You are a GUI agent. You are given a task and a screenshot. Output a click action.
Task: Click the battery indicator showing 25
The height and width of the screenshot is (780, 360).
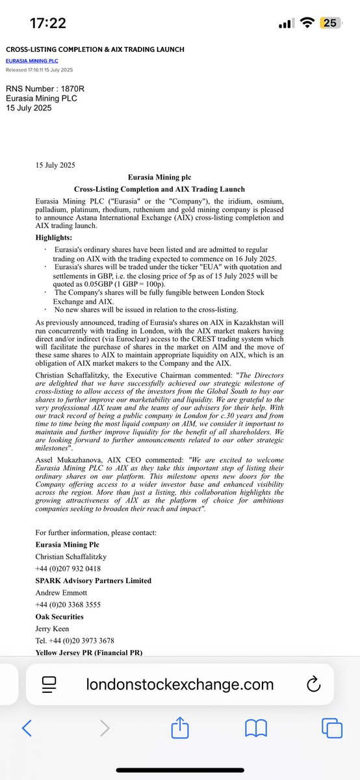coord(329,23)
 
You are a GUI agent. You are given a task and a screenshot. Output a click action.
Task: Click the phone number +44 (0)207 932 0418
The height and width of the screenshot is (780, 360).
coord(68,567)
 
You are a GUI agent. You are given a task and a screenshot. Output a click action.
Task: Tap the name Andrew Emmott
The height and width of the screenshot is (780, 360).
coord(64,593)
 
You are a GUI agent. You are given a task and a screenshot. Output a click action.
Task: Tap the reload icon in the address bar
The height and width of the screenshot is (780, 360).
coord(313,684)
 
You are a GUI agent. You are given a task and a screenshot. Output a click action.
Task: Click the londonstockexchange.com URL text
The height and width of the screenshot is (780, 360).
coord(180,684)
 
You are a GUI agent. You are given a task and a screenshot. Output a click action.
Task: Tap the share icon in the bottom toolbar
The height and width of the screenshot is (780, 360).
coord(179,729)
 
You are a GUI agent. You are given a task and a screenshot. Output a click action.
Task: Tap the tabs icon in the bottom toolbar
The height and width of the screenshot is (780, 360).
coord(333,729)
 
